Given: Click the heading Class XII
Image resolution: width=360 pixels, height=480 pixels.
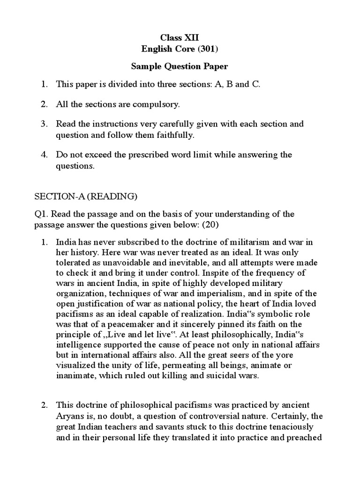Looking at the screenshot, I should [180, 37].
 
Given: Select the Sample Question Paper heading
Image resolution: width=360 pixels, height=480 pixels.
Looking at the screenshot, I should [180, 67].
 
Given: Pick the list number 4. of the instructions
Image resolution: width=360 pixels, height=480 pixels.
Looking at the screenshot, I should [44, 154].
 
